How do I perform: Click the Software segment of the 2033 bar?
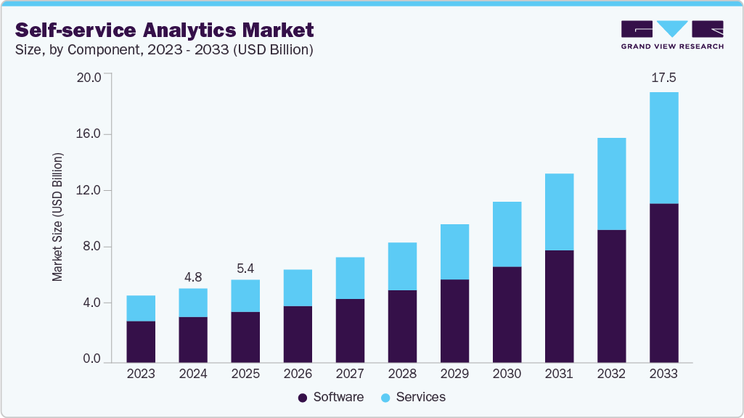tap(663, 283)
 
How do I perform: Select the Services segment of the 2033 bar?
tap(663, 148)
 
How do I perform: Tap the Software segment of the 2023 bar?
tap(141, 341)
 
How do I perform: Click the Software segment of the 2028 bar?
tap(402, 326)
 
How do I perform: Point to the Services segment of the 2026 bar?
tap(298, 288)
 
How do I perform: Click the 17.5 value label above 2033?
tap(663, 78)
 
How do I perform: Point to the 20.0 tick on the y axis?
tap(89, 78)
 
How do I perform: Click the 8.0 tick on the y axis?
tap(91, 247)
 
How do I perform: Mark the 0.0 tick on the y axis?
tap(91, 359)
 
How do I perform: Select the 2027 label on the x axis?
tap(350, 374)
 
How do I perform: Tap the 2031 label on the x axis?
tap(559, 374)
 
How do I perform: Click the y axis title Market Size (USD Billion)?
tap(57, 218)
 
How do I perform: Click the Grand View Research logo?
tap(672, 34)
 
